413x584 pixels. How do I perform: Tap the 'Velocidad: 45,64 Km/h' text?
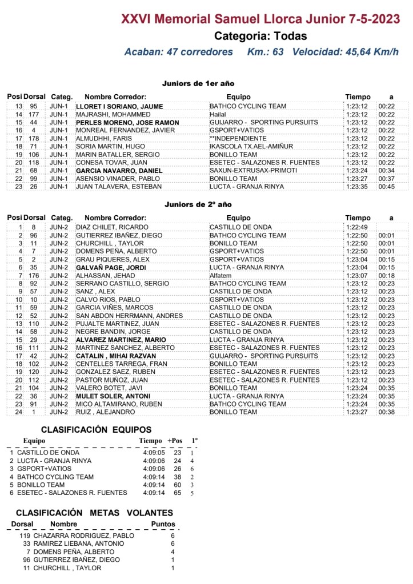pos(345,52)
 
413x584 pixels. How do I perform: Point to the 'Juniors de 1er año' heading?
pos(198,83)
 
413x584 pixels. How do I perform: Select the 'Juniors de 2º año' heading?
pos(198,204)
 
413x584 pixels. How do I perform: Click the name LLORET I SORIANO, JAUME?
pos(119,106)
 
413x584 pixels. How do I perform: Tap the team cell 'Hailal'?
pos(218,114)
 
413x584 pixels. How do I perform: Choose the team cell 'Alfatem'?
pos(220,275)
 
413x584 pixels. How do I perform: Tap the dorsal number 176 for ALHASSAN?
pos(34,275)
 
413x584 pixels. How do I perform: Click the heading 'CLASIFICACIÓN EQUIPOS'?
pos(96,429)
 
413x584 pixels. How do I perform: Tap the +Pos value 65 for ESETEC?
pos(177,493)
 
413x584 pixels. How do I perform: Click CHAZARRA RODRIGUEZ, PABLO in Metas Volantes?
pos(84,535)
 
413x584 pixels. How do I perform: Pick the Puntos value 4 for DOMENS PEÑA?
pos(173,551)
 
